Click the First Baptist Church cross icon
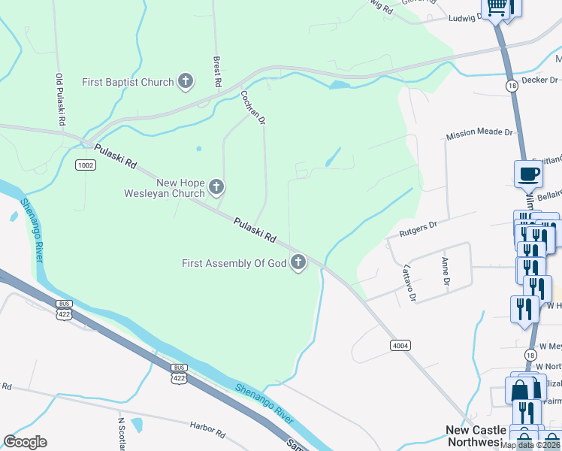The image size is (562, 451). point(186,82)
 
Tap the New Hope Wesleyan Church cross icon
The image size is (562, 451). point(216,186)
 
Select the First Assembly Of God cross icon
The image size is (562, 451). point(298,263)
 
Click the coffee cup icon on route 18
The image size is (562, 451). point(527,174)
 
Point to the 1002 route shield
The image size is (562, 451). point(86,165)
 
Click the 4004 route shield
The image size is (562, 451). point(400,345)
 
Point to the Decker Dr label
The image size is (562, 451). point(539,80)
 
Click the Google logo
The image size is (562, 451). point(26,442)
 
